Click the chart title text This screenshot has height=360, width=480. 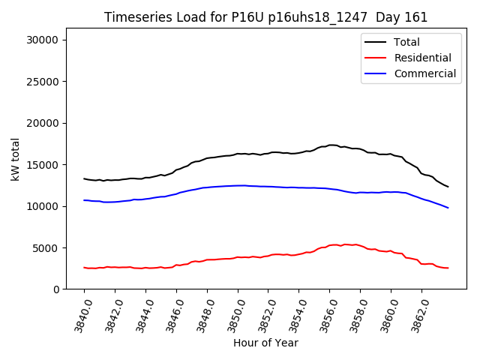click(x=265, y=17)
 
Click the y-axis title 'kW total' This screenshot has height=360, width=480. click(x=16, y=158)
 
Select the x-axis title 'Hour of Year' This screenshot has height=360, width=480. click(x=265, y=343)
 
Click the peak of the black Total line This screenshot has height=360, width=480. click(x=332, y=145)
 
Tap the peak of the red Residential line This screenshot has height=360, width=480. click(x=335, y=244)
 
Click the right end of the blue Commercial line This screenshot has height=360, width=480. click(x=448, y=208)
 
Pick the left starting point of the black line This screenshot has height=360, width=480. click(x=84, y=178)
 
